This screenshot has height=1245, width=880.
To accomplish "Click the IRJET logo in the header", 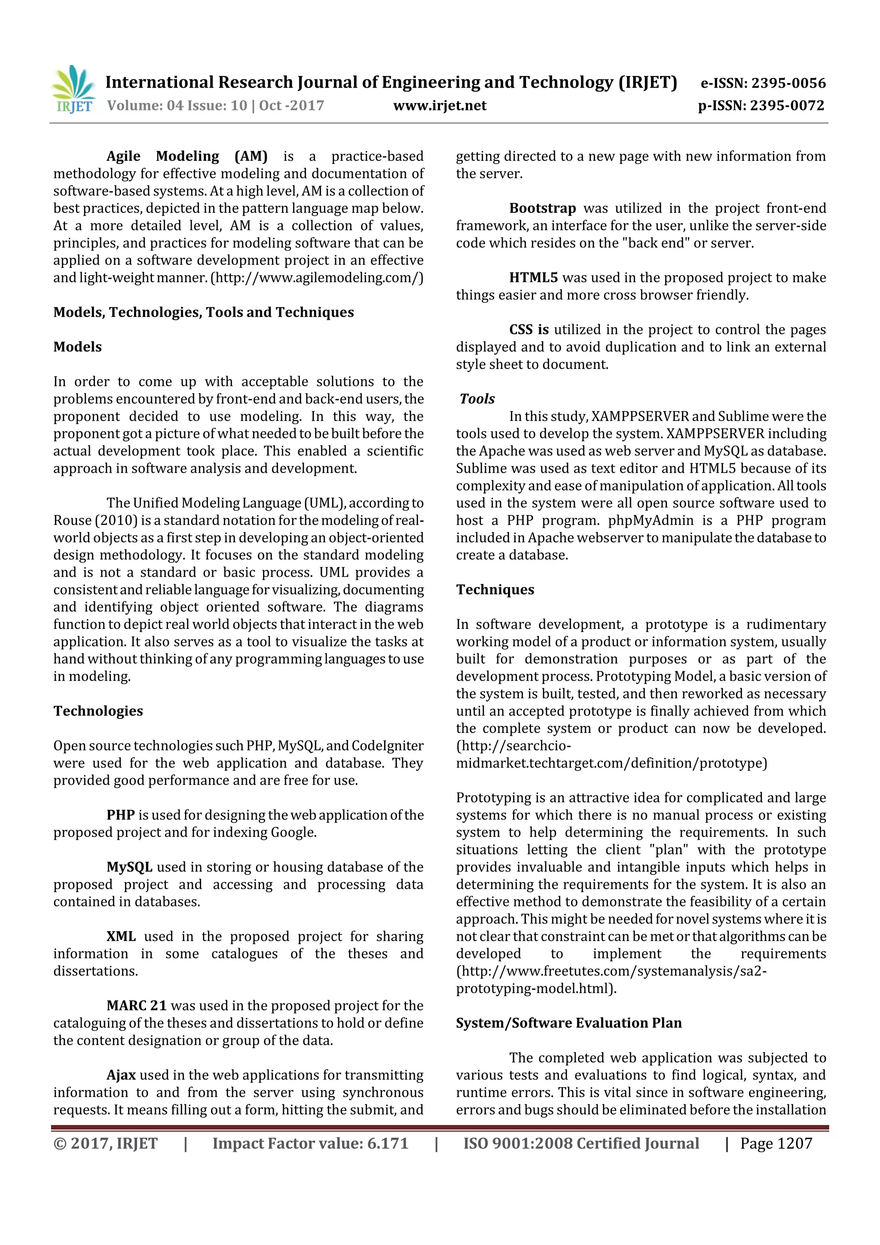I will pyautogui.click(x=73, y=89).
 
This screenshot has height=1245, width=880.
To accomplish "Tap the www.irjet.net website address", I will pyautogui.click(x=440, y=106).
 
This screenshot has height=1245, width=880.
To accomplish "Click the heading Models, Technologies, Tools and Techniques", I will pyautogui.click(x=203, y=312).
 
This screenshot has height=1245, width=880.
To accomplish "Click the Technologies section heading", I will pyautogui.click(x=98, y=711).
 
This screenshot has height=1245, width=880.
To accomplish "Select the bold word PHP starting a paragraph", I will pyautogui.click(x=120, y=815).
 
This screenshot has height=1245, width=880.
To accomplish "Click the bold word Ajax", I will pyautogui.click(x=121, y=1075).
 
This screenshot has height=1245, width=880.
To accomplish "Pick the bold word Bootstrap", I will pyautogui.click(x=542, y=208).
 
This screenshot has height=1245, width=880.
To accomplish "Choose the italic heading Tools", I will pyautogui.click(x=477, y=399).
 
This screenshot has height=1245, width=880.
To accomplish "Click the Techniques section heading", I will pyautogui.click(x=495, y=590).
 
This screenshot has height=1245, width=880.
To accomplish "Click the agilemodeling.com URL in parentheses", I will pyautogui.click(x=317, y=278).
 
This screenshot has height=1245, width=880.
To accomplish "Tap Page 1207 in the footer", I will pyautogui.click(x=776, y=1144).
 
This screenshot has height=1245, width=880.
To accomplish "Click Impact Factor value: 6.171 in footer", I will pyautogui.click(x=310, y=1144).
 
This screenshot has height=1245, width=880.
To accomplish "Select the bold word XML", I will pyautogui.click(x=121, y=936).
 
